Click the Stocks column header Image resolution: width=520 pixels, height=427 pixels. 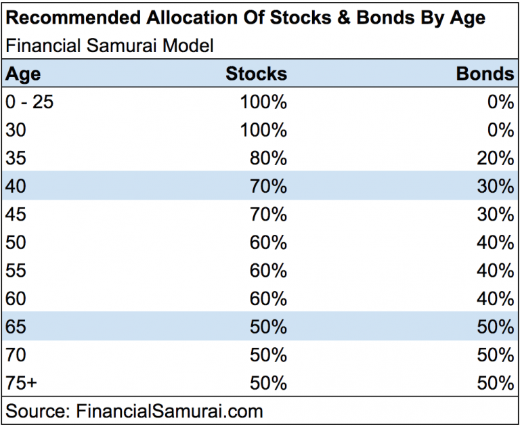pyautogui.click(x=256, y=74)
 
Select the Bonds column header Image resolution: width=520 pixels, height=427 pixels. pyautogui.click(x=485, y=74)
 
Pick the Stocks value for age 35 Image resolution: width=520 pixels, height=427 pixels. pyautogui.click(x=269, y=158)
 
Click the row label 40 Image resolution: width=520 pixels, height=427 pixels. pyautogui.click(x=16, y=186)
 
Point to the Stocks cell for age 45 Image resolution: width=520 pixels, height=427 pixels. pyautogui.click(x=269, y=215)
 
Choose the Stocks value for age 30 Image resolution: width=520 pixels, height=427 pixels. pyautogui.click(x=264, y=130)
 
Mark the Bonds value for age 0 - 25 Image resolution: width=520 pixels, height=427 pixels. pyautogui.click(x=501, y=102)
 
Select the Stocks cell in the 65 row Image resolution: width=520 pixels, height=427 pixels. pyautogui.click(x=269, y=327)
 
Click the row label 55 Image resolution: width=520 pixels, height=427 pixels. pyautogui.click(x=16, y=271)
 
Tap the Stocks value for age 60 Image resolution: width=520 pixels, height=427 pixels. pyautogui.click(x=269, y=298)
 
